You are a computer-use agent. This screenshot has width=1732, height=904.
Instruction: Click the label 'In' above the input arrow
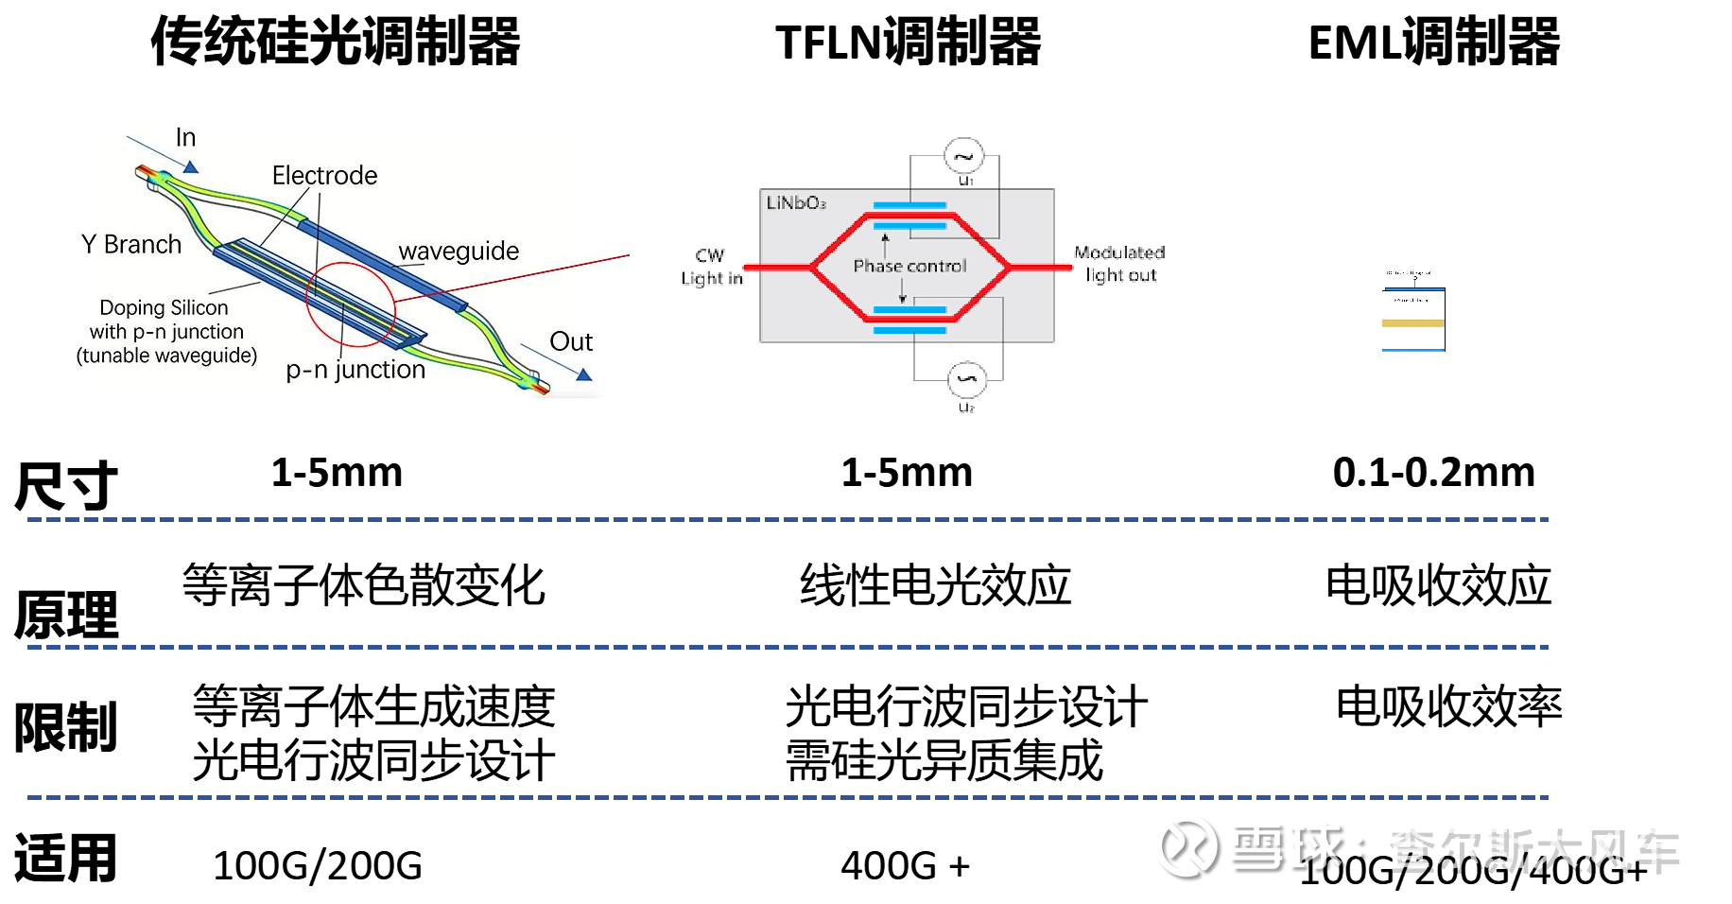(185, 138)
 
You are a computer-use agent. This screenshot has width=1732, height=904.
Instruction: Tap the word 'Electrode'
(324, 176)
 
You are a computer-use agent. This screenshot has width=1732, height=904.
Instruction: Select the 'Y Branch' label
(131, 245)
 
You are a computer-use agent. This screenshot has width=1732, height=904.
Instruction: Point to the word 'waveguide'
(459, 252)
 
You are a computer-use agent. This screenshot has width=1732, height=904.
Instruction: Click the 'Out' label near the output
(571, 342)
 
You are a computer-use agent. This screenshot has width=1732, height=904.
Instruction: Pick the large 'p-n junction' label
(355, 370)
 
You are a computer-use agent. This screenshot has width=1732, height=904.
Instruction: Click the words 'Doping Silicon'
(164, 308)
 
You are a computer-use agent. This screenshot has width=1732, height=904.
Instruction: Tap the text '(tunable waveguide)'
(166, 356)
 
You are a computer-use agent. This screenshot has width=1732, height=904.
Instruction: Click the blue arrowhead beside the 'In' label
(191, 167)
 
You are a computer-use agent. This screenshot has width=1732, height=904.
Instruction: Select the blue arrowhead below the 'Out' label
(584, 375)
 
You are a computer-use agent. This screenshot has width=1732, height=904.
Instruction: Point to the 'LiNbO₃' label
(796, 203)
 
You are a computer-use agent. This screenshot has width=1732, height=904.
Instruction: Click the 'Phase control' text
(909, 267)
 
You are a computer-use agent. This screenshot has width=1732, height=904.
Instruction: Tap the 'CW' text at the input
(709, 255)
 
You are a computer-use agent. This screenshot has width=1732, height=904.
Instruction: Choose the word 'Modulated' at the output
(1119, 252)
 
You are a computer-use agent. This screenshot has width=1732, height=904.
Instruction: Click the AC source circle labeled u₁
(963, 156)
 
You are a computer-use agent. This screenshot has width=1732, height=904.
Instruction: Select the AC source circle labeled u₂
(967, 379)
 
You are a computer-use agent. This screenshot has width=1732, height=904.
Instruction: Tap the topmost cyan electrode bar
(909, 205)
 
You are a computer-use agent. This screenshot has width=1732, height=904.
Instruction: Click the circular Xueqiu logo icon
(1186, 845)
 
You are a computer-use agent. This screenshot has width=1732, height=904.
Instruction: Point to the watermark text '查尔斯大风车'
(1530, 845)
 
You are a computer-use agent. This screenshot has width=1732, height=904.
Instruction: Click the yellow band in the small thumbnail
(1413, 323)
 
